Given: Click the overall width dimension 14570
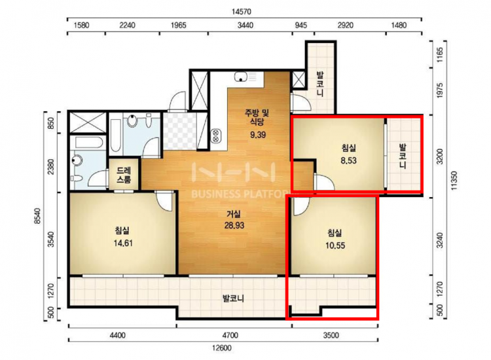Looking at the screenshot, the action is tap(242, 12).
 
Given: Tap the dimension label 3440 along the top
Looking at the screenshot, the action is tap(245, 25).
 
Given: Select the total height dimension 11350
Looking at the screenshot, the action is tap(454, 180).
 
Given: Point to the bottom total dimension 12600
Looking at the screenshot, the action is tap(221, 348).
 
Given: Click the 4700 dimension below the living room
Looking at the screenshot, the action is tap(230, 335).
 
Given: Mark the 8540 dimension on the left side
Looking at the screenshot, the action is tap(38, 216).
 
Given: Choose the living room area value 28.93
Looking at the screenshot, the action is tap(234, 225).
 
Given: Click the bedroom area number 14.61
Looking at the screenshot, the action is tap(123, 243).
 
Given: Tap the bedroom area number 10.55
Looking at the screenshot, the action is tap(335, 245).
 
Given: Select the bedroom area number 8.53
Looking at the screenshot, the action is tap(348, 160).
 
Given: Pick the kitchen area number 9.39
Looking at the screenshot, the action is tap(258, 135).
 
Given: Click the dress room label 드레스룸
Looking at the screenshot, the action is tap(124, 175).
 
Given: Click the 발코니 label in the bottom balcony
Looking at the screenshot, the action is tap(233, 298).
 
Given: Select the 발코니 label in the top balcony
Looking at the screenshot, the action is tap(320, 84).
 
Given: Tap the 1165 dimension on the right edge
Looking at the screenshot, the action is tap(440, 55).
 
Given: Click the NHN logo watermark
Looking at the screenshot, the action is tap(234, 172).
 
